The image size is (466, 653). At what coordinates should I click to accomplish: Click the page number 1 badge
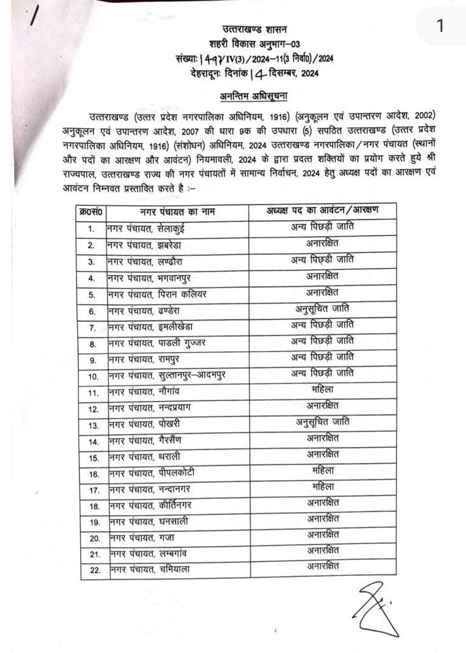[439, 26]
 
